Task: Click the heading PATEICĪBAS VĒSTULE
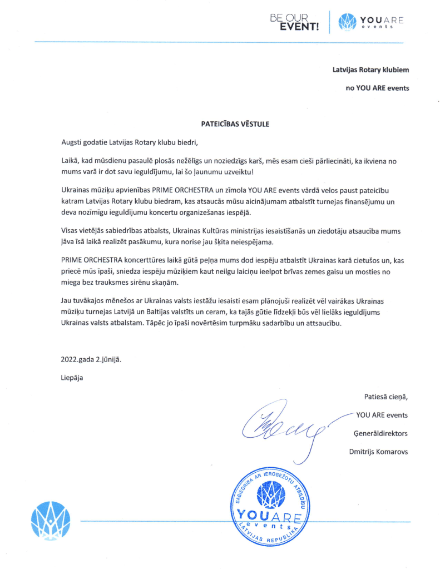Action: pos(235,124)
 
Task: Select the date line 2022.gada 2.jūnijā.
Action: pos(91,359)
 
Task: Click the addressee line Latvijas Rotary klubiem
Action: pos(370,71)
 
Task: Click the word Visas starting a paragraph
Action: pos(70,230)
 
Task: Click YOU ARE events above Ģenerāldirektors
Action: pos(382,414)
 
